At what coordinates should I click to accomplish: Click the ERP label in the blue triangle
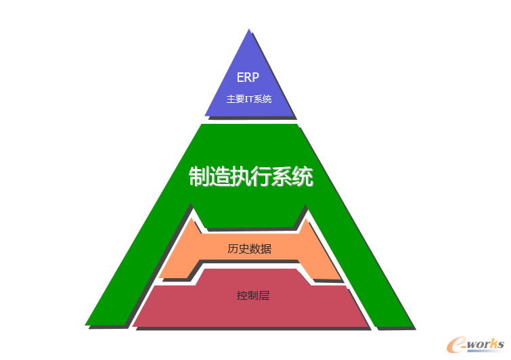[248, 77]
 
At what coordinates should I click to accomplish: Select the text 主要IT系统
[249, 99]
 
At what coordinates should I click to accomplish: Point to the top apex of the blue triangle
[249, 29]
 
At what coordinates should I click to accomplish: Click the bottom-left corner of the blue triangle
[205, 116]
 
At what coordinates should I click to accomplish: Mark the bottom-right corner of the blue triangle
[294, 115]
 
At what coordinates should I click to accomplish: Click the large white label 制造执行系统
[251, 176]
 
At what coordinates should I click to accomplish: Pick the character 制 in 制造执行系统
[199, 176]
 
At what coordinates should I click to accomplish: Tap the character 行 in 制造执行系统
[261, 176]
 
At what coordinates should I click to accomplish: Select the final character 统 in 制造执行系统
[303, 176]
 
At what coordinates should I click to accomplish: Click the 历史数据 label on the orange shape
[249, 248]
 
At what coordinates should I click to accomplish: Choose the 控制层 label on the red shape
[253, 296]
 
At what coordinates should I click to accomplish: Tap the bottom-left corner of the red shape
[133, 325]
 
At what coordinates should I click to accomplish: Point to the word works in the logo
[485, 344]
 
